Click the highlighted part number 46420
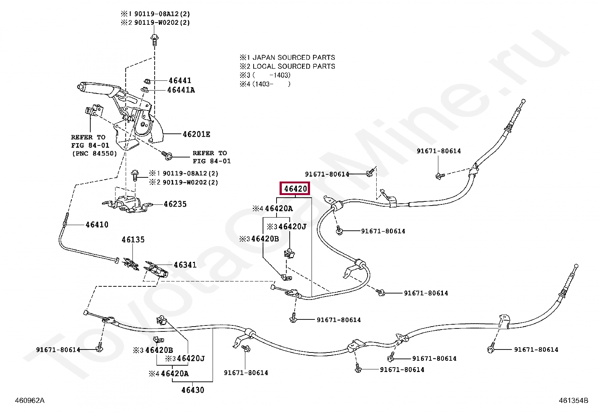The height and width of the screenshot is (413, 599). (295, 189)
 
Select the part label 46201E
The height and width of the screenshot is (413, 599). (196, 134)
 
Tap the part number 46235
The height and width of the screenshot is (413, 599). (175, 204)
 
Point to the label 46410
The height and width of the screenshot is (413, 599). (97, 225)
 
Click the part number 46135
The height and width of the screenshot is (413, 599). (133, 240)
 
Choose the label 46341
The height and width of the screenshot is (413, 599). (185, 265)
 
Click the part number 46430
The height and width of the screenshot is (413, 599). (193, 390)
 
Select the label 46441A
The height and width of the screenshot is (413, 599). (181, 90)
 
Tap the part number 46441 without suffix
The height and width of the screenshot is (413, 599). (180, 80)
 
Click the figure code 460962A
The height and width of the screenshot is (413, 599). (29, 401)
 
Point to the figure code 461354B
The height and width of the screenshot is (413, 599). (573, 401)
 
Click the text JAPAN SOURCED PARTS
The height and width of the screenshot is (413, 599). (293, 57)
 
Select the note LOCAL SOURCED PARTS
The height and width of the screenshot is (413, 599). (293, 67)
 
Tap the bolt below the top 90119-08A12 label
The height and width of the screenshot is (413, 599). (154, 39)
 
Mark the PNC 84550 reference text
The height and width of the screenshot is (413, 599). (94, 153)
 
